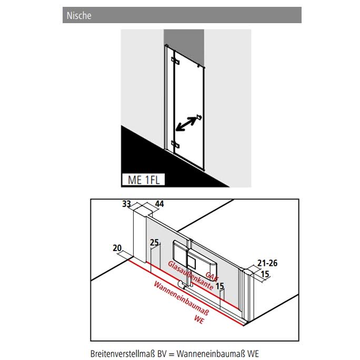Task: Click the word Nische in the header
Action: (x=79, y=15)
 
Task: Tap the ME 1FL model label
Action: (x=144, y=179)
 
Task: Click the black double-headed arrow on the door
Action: (x=186, y=124)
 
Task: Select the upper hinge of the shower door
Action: (x=175, y=61)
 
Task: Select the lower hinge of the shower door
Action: (x=175, y=144)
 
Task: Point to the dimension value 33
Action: (x=126, y=204)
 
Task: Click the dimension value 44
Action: (x=159, y=204)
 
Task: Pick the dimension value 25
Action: (x=154, y=243)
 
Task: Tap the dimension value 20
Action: (x=117, y=248)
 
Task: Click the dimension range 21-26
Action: (x=267, y=263)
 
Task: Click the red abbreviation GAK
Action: (x=212, y=276)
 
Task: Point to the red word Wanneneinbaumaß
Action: (x=181, y=298)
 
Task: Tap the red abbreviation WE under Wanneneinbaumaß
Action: (x=199, y=319)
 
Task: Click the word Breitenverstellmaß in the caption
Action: (x=123, y=354)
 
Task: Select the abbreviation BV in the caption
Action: (x=163, y=354)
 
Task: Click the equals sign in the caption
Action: (x=172, y=354)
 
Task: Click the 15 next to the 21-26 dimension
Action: (x=265, y=274)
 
